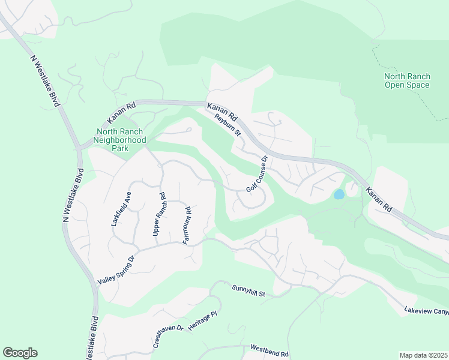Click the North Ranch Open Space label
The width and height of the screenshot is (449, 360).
407,80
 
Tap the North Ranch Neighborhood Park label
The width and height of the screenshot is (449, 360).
121,139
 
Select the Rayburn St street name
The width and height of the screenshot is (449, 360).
228,123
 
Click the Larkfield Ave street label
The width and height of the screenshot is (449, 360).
119,208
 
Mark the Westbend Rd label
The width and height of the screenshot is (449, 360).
270,350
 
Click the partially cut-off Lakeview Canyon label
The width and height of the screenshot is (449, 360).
426,311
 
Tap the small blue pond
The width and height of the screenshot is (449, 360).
339,194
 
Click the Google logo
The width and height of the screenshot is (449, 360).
20,352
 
